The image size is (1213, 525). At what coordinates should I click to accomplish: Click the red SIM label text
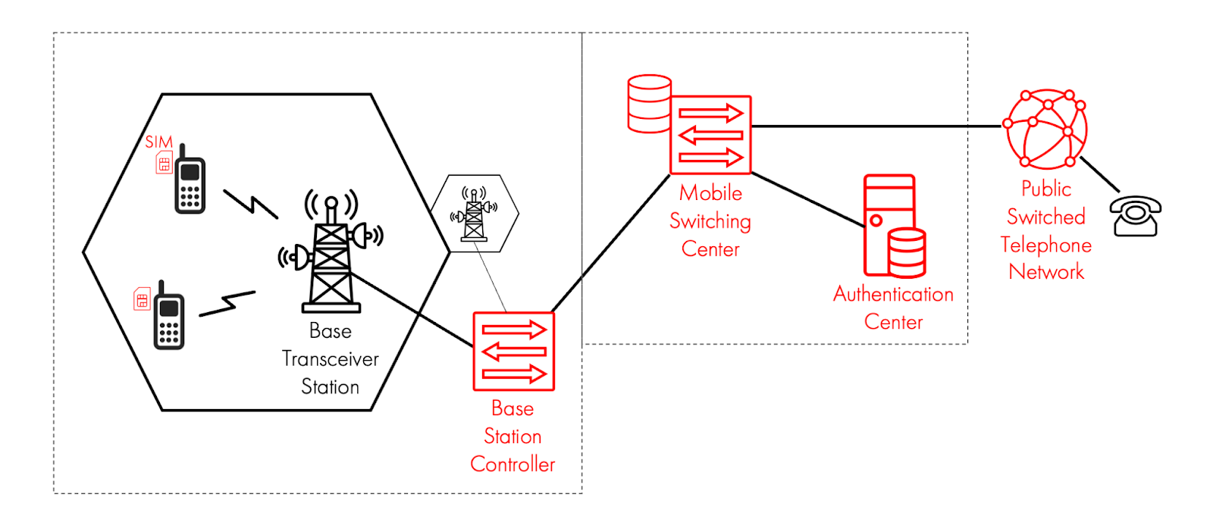coord(159,142)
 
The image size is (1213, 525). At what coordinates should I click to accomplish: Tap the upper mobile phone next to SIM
coord(190,182)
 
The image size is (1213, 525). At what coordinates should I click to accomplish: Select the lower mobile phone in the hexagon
coord(169,318)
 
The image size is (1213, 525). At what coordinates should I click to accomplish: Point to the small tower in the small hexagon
coord(475,215)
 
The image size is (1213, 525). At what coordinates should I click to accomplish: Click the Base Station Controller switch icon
coord(514,352)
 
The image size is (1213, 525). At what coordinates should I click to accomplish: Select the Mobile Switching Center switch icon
coord(710,135)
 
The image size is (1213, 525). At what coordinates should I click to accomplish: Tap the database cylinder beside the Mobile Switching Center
coord(650,103)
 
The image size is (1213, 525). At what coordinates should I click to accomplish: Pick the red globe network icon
coord(1045,129)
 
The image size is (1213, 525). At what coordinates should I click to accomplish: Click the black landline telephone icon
coord(1135,217)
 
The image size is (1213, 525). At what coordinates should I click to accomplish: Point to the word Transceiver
coord(331,359)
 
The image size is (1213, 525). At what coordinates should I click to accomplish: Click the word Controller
coord(512,464)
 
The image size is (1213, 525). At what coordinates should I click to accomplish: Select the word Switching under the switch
coord(710,221)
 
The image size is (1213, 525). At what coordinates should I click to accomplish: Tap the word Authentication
coord(893,294)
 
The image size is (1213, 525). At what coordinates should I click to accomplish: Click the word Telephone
coord(1046,245)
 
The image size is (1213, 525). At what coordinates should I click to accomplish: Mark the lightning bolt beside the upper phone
coord(251,204)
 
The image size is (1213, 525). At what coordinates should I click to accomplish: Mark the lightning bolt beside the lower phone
coord(227,303)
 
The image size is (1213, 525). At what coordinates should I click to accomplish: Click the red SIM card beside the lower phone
coord(142,299)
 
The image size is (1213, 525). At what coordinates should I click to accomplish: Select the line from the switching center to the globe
coord(872,127)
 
